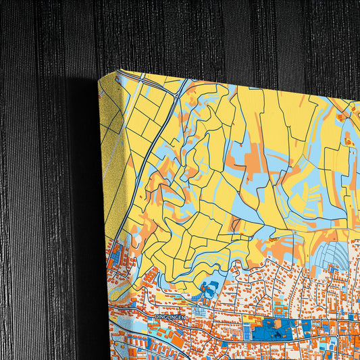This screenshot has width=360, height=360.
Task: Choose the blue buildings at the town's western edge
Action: click(x=115, y=257)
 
